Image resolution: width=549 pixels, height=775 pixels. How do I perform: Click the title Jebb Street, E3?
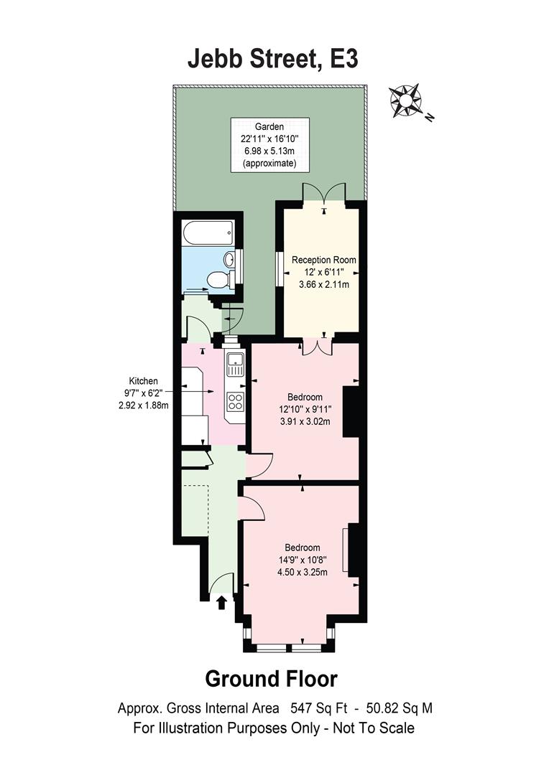point(273,60)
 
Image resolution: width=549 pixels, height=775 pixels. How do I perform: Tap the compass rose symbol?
point(406,100)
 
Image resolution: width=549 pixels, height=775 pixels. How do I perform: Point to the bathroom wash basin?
point(229,259)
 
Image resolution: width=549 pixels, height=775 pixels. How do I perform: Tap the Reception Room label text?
point(323,260)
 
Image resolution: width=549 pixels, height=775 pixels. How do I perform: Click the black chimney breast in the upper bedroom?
point(351,410)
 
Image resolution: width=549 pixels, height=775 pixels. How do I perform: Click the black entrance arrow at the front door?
point(221,601)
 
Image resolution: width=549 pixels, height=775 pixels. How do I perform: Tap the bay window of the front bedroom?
point(290,647)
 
